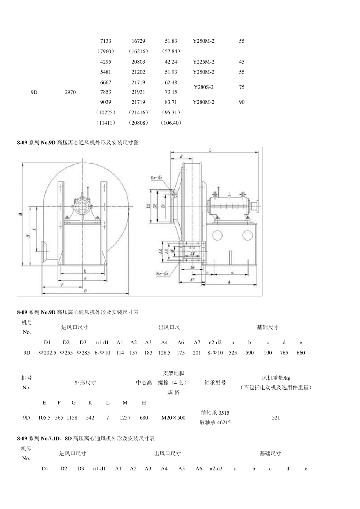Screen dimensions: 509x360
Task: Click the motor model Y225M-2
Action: point(203,62)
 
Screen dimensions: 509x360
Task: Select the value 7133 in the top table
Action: point(106,41)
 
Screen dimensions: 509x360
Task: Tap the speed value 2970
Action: point(70,92)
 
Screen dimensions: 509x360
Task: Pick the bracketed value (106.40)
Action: point(171,123)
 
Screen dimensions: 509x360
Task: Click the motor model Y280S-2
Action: point(203,87)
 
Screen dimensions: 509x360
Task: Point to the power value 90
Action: point(242,102)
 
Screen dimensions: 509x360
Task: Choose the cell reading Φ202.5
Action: point(47,353)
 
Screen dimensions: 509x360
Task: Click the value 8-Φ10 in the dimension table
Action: point(215,353)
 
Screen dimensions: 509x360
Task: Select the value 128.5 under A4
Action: point(164,353)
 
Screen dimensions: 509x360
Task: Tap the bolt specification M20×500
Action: point(174,418)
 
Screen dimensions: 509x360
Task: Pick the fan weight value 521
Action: point(276,418)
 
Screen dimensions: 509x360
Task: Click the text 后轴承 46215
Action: point(215,422)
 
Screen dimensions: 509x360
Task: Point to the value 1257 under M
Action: point(125,418)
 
